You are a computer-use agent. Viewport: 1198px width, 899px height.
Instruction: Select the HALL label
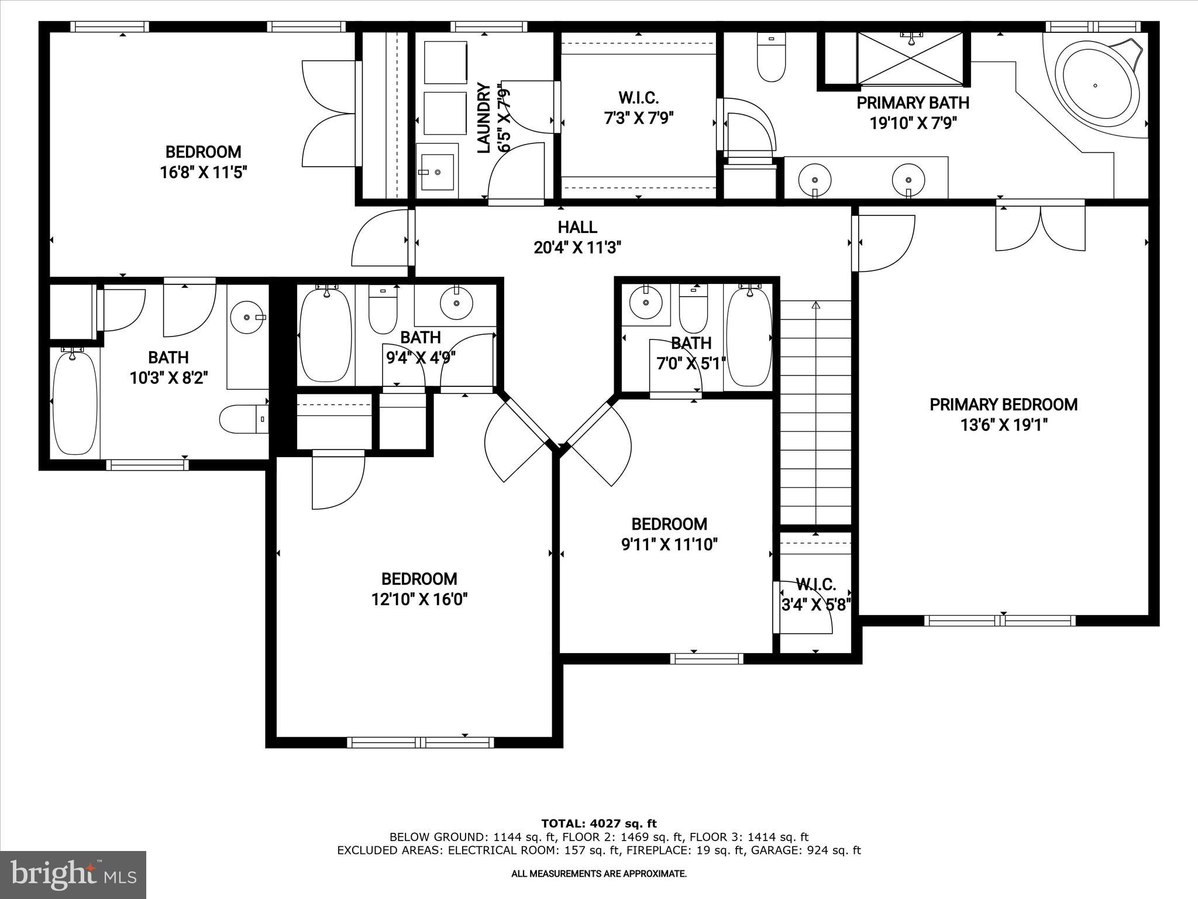(577, 227)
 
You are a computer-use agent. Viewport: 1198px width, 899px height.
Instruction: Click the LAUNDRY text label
(484, 118)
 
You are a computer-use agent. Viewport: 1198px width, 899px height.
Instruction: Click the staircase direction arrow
(816, 306)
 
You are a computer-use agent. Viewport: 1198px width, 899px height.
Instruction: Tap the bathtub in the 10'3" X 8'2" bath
(75, 402)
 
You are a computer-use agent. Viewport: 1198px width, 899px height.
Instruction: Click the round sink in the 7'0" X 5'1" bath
(646, 303)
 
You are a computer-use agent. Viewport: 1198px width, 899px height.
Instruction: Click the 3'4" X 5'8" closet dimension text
(815, 605)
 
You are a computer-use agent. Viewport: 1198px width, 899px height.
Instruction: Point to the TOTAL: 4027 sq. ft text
(598, 824)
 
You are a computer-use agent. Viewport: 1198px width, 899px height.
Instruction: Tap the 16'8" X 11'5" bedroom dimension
(204, 173)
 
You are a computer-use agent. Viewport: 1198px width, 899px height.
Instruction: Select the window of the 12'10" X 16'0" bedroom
(420, 742)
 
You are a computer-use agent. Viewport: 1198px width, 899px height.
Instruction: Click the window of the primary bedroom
(999, 620)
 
